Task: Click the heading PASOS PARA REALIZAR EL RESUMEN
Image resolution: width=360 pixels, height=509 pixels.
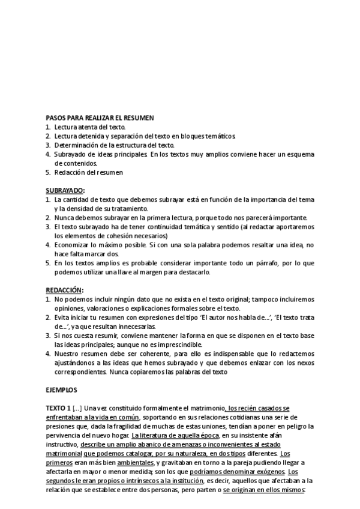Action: (x=100, y=118)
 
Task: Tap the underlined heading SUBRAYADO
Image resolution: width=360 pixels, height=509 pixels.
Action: (x=65, y=190)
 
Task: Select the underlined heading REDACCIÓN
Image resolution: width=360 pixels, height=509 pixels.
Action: (x=65, y=290)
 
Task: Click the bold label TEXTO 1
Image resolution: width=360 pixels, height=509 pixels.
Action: (x=58, y=408)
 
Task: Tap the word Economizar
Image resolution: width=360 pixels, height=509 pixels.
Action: (x=74, y=245)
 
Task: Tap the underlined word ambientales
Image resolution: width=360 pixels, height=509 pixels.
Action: (x=135, y=462)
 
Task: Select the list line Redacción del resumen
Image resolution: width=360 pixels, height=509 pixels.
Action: (x=88, y=172)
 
